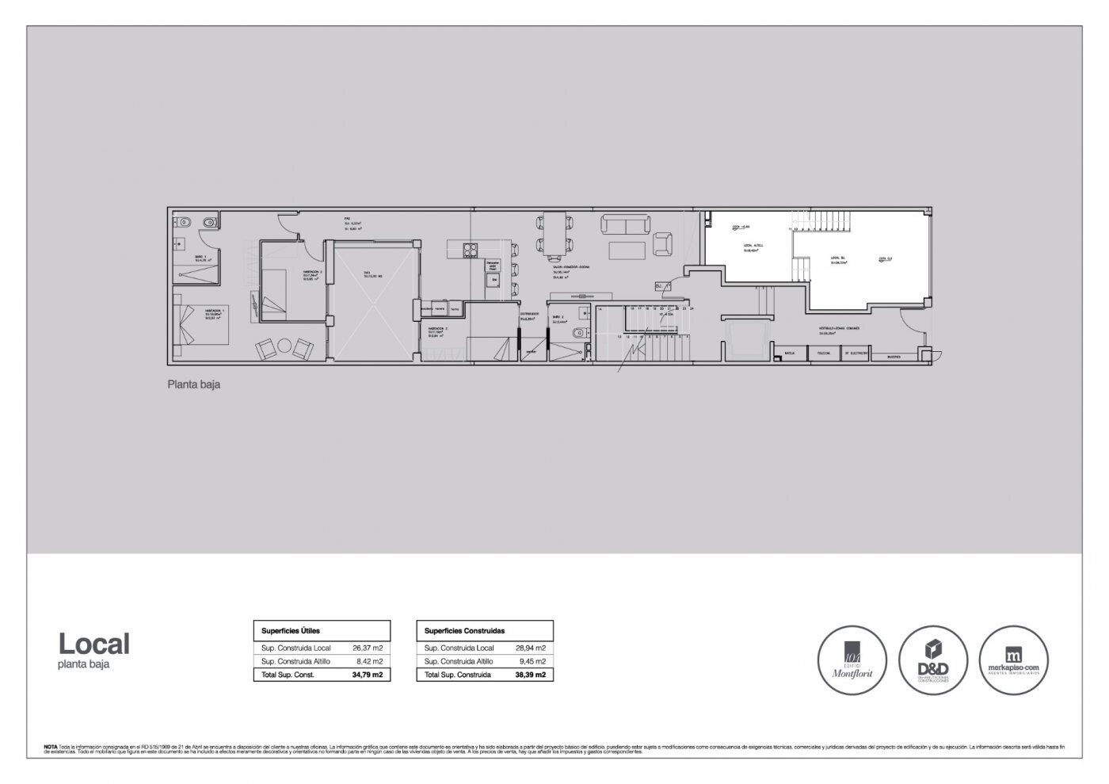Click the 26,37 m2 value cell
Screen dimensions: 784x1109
pos(367,648)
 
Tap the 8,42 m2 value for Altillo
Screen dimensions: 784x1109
pos(369,661)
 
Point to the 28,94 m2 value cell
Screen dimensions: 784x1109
pos(531,648)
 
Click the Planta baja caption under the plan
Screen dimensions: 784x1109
pos(193,384)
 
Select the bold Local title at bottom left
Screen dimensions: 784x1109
pos(93,644)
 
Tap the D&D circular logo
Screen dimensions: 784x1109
pos(932,660)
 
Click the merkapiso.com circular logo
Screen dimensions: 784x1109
pos(1014,660)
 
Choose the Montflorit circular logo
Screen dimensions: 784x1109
pos(852,660)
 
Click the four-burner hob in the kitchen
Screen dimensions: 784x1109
pos(471,250)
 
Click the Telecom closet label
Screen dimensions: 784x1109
pos(824,354)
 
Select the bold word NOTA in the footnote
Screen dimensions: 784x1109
pos(51,747)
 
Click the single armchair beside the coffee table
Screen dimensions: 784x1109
pos(662,245)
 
